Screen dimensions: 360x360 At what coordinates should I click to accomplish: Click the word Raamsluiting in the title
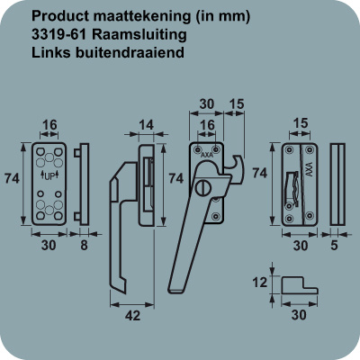pyautogui.click(x=139, y=35)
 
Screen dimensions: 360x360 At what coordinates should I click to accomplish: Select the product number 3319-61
pyautogui.click(x=59, y=34)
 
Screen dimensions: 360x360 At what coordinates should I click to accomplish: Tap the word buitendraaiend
pyautogui.click(x=130, y=52)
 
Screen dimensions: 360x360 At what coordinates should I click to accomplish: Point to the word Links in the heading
pyautogui.click(x=51, y=52)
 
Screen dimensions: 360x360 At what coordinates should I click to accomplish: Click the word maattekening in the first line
pyautogui.click(x=142, y=16)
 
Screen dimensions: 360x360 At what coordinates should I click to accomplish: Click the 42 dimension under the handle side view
pyautogui.click(x=132, y=315)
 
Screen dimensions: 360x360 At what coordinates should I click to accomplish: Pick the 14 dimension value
pyautogui.click(x=146, y=125)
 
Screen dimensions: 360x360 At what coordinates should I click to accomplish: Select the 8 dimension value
pyautogui.click(x=84, y=246)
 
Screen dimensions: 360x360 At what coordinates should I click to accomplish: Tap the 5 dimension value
pyautogui.click(x=334, y=246)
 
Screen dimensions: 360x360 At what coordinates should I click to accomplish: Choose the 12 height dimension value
pyautogui.click(x=259, y=283)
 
